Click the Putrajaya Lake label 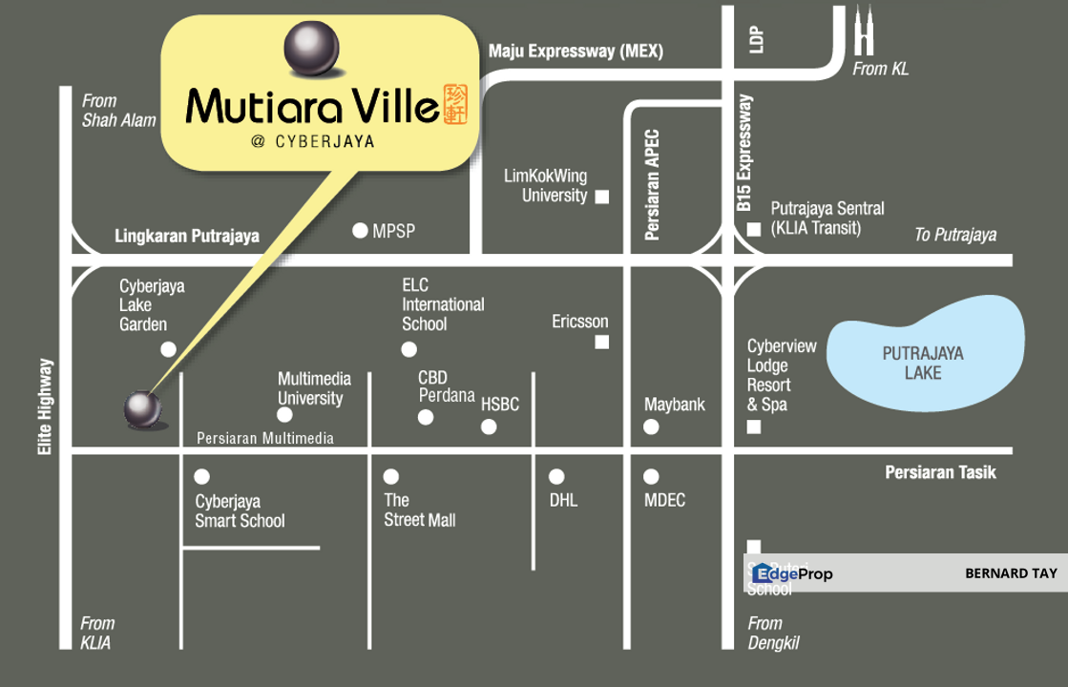[x=922, y=363]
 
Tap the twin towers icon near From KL [x=864, y=31]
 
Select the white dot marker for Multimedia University [x=284, y=415]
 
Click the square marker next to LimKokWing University [x=602, y=198]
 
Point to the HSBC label [x=500, y=405]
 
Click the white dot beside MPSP [x=360, y=230]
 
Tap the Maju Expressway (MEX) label [x=576, y=52]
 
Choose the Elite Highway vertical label [x=45, y=406]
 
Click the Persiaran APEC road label [x=653, y=184]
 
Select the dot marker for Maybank [x=651, y=427]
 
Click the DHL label [x=563, y=500]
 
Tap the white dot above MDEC [x=651, y=476]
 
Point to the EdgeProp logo [x=792, y=573]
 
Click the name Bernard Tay [x=1011, y=573]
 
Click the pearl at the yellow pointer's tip [x=143, y=409]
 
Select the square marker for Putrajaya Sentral [x=754, y=229]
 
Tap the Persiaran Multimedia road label [x=265, y=438]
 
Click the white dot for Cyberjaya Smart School [x=202, y=476]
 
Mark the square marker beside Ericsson [x=602, y=342]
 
